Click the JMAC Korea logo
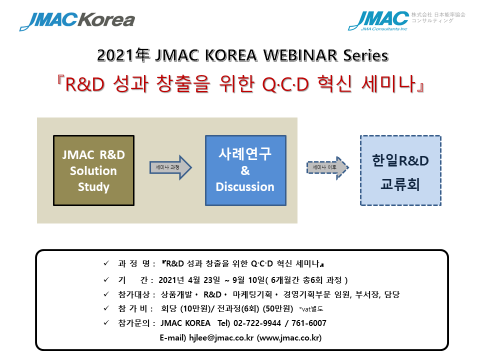click(x=77, y=21)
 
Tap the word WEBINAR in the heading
click(x=300, y=55)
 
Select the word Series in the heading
click(x=365, y=55)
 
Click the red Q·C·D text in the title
click(x=285, y=84)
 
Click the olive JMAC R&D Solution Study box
click(x=93, y=170)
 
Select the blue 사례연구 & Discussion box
click(x=245, y=170)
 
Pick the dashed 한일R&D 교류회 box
click(x=400, y=170)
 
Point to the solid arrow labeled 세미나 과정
click(x=170, y=167)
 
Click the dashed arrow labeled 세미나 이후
click(x=327, y=167)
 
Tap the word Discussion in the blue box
click(x=245, y=186)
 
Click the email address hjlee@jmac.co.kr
click(x=221, y=337)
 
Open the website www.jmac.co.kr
click(x=289, y=337)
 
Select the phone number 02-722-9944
click(x=257, y=323)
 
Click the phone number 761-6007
click(x=309, y=323)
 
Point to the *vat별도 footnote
click(x=311, y=309)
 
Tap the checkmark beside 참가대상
click(x=106, y=294)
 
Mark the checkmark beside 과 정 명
click(x=106, y=263)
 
